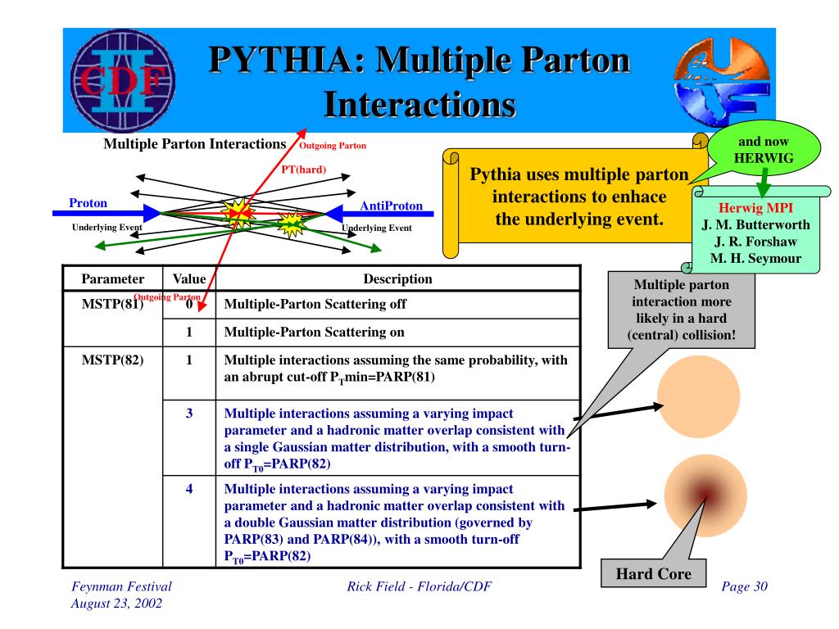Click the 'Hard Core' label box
(653, 573)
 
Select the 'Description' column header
(397, 279)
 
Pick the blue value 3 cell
(188, 414)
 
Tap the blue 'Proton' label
(87, 203)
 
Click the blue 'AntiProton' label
(391, 206)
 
